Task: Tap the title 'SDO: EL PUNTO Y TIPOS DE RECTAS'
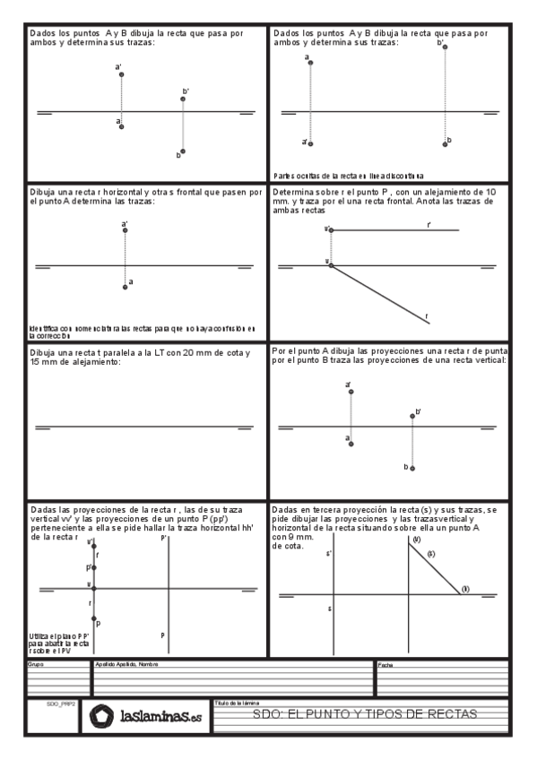click(366, 714)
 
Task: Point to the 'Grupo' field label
click(36, 664)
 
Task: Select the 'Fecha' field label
click(385, 665)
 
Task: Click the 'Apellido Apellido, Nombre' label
click(126, 664)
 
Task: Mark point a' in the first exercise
click(122, 74)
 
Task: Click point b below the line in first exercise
click(183, 151)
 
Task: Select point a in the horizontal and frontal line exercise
click(126, 286)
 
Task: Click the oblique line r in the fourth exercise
click(381, 293)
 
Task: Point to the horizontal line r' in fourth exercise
click(394, 230)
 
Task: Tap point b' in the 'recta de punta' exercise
click(412, 414)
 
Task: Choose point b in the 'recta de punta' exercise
click(412, 466)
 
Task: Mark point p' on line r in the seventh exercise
click(93, 566)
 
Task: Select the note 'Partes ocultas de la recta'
click(349, 177)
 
